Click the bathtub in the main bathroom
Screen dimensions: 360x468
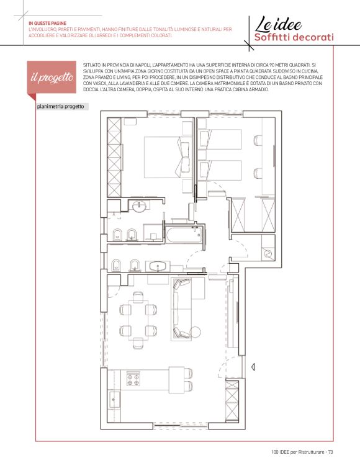click(184, 235)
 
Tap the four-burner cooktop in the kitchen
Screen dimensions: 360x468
click(133, 379)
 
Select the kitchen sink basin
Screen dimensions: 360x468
click(115, 399)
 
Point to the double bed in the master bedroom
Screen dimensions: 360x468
click(167, 157)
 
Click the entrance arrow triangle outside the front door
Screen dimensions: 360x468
click(253, 367)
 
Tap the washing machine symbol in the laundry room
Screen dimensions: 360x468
click(268, 254)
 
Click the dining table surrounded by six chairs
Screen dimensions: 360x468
click(138, 320)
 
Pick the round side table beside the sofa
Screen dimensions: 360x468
click(196, 332)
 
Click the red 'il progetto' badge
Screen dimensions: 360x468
click(52, 78)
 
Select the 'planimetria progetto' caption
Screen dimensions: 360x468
click(60, 107)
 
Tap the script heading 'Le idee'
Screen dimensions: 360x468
click(278, 24)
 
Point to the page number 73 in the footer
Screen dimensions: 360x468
click(330, 452)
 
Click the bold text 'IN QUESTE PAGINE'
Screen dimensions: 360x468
click(47, 24)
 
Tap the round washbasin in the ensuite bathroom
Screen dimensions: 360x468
click(139, 206)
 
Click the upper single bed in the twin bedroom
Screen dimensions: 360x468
click(221, 139)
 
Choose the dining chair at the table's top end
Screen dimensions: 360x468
click(138, 297)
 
